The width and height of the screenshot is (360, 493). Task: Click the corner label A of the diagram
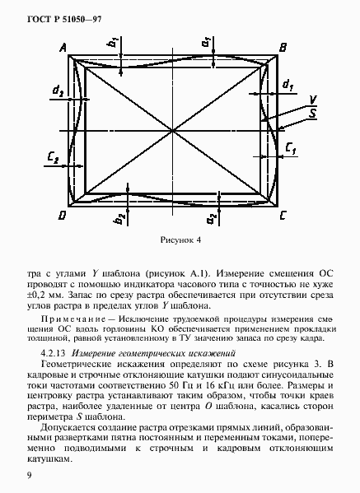(x=63, y=48)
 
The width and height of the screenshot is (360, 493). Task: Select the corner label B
(x=283, y=49)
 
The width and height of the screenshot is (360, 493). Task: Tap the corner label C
(x=283, y=215)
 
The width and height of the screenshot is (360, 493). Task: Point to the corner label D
(x=62, y=215)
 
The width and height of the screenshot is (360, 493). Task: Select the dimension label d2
(x=56, y=90)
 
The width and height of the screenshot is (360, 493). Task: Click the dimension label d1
(x=288, y=85)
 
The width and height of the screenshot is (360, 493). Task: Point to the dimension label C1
(x=291, y=148)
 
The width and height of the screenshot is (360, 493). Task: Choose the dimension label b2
(x=120, y=218)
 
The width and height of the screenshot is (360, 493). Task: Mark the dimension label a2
(x=212, y=218)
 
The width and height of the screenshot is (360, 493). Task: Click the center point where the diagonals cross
(x=173, y=130)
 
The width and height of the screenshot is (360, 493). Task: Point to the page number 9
(x=29, y=475)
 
